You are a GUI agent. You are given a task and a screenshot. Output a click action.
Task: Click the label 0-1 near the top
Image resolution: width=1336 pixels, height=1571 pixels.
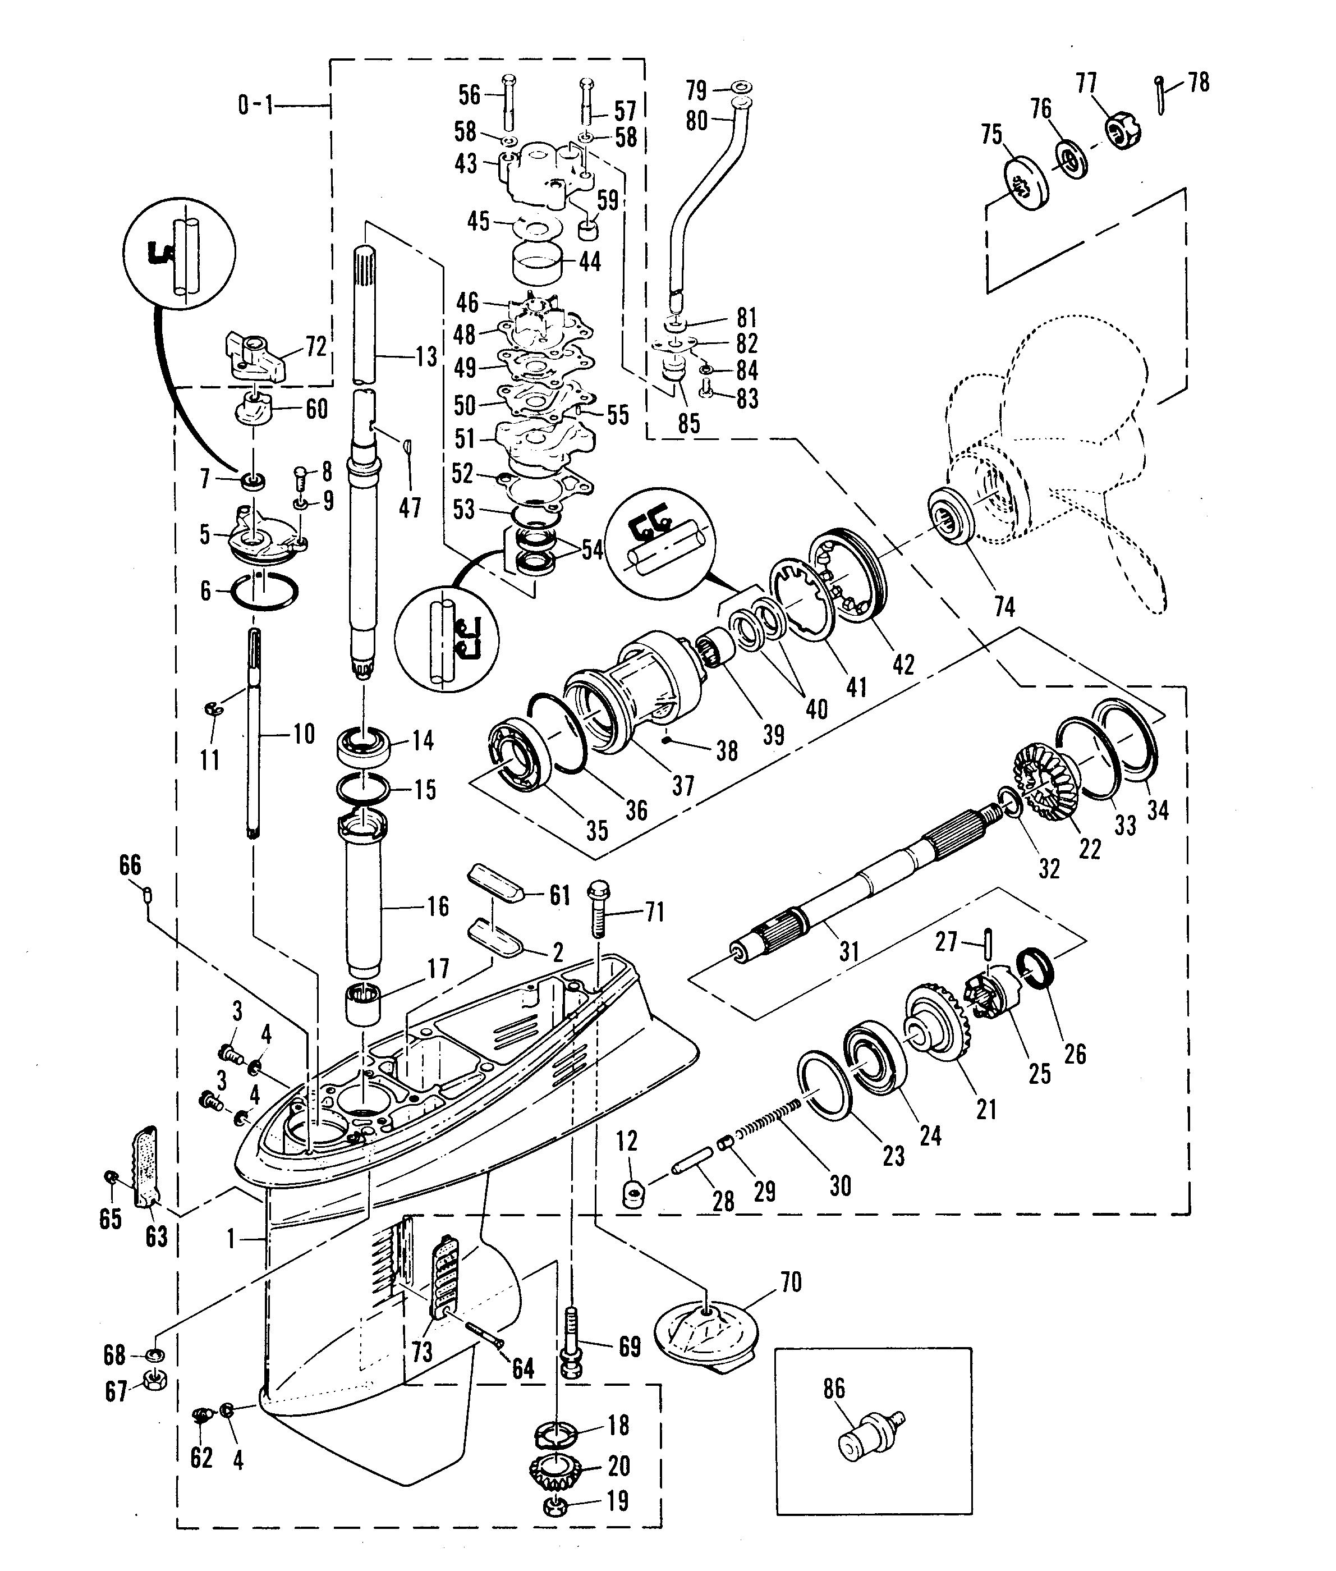pyautogui.click(x=255, y=104)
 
